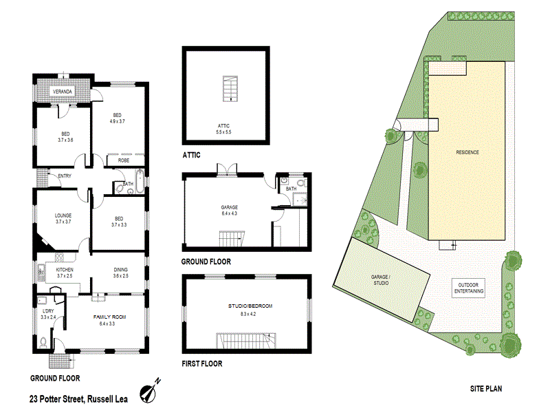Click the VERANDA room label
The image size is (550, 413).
click(59, 92)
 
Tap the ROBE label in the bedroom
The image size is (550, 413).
click(124, 160)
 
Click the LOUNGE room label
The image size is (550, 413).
click(63, 215)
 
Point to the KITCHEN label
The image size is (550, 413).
click(65, 270)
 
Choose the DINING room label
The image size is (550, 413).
click(120, 270)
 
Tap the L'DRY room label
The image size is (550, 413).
click(48, 312)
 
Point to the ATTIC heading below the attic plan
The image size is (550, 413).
click(191, 156)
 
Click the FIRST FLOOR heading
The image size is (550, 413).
click(201, 363)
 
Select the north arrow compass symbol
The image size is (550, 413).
click(150, 391)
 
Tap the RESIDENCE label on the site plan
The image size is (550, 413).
click(467, 152)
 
